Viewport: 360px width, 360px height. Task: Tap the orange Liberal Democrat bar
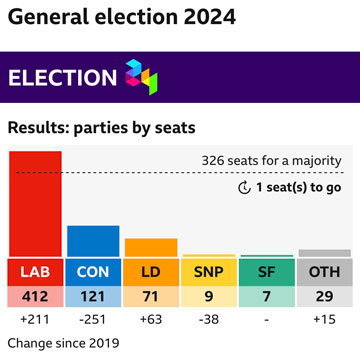151,247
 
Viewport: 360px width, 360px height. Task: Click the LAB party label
35,271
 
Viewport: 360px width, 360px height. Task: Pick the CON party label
93,271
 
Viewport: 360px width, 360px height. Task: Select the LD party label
151,271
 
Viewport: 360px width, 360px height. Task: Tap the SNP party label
209,271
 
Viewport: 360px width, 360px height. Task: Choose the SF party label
267,271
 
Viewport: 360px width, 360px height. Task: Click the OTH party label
324,271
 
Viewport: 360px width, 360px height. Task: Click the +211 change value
35,320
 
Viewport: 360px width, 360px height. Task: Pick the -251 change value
93,320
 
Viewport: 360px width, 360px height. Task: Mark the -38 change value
209,320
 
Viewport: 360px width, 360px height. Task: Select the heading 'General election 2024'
122,17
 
